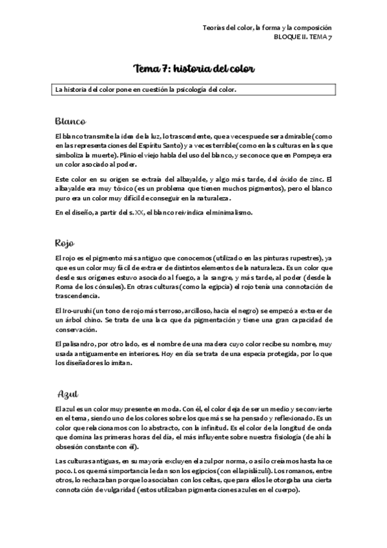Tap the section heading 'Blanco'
click(71, 121)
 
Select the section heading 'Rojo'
click(67, 243)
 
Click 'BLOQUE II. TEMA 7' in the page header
click(303, 38)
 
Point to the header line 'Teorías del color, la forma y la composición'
click(267, 28)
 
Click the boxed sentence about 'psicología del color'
click(146, 89)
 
